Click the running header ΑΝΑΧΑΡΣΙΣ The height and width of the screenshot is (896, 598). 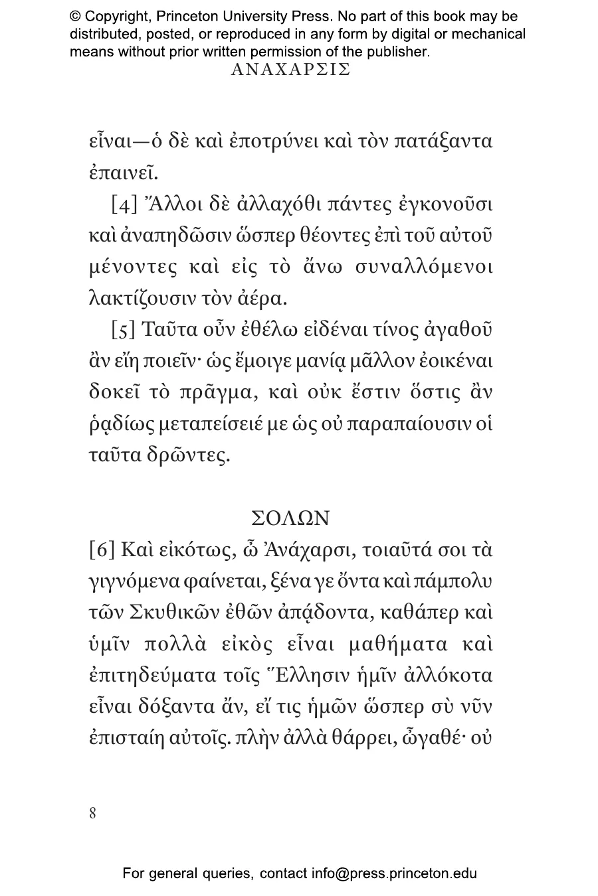[x=290, y=70]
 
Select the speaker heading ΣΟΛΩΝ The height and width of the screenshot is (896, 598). [x=290, y=518]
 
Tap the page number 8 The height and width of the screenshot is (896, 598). [x=92, y=813]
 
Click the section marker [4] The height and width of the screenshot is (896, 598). [x=124, y=204]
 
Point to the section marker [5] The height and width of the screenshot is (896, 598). [x=124, y=330]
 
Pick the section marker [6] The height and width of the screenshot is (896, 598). [x=102, y=551]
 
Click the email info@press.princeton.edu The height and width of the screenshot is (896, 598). [x=394, y=873]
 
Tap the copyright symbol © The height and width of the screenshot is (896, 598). [x=76, y=17]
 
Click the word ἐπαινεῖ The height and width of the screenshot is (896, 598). [x=124, y=174]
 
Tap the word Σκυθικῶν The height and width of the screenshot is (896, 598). [x=166, y=613]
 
